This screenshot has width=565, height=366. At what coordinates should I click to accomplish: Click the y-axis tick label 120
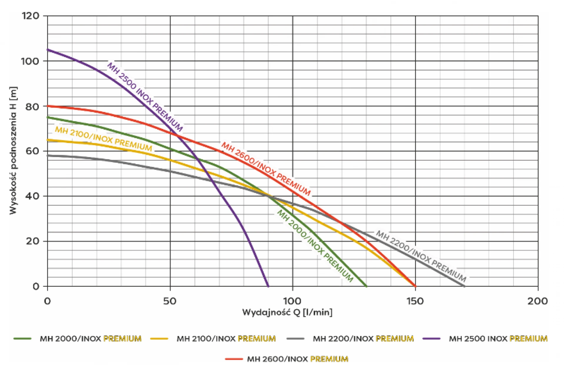coord(30,16)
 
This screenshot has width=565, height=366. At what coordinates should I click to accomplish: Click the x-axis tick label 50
coord(170,301)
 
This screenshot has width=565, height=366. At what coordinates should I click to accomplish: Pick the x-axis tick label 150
coord(415,301)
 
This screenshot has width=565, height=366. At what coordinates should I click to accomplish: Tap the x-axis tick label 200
coord(538,301)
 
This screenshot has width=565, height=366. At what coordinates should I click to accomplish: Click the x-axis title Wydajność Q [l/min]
coord(288,312)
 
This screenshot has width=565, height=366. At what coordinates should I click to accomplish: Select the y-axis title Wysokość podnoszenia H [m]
coord(13,150)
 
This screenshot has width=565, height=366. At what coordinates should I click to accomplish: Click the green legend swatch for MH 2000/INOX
coord(22,339)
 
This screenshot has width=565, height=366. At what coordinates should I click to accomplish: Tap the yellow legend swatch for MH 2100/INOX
coord(159,339)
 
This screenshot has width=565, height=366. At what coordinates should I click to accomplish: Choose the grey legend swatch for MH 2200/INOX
coord(295,339)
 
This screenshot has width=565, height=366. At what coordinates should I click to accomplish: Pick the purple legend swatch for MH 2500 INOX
coord(431,339)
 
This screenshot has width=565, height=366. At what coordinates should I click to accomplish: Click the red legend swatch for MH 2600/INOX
coord(234,359)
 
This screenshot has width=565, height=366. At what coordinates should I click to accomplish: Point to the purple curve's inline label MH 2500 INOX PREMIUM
coord(145,97)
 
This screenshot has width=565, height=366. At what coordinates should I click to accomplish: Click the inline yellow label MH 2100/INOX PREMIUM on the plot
coord(104,139)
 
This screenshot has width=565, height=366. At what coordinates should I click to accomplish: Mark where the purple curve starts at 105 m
coord(48,50)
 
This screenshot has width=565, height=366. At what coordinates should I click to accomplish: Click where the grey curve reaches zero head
coord(464,286)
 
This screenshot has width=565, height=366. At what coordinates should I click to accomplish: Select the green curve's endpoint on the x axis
coord(366,286)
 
